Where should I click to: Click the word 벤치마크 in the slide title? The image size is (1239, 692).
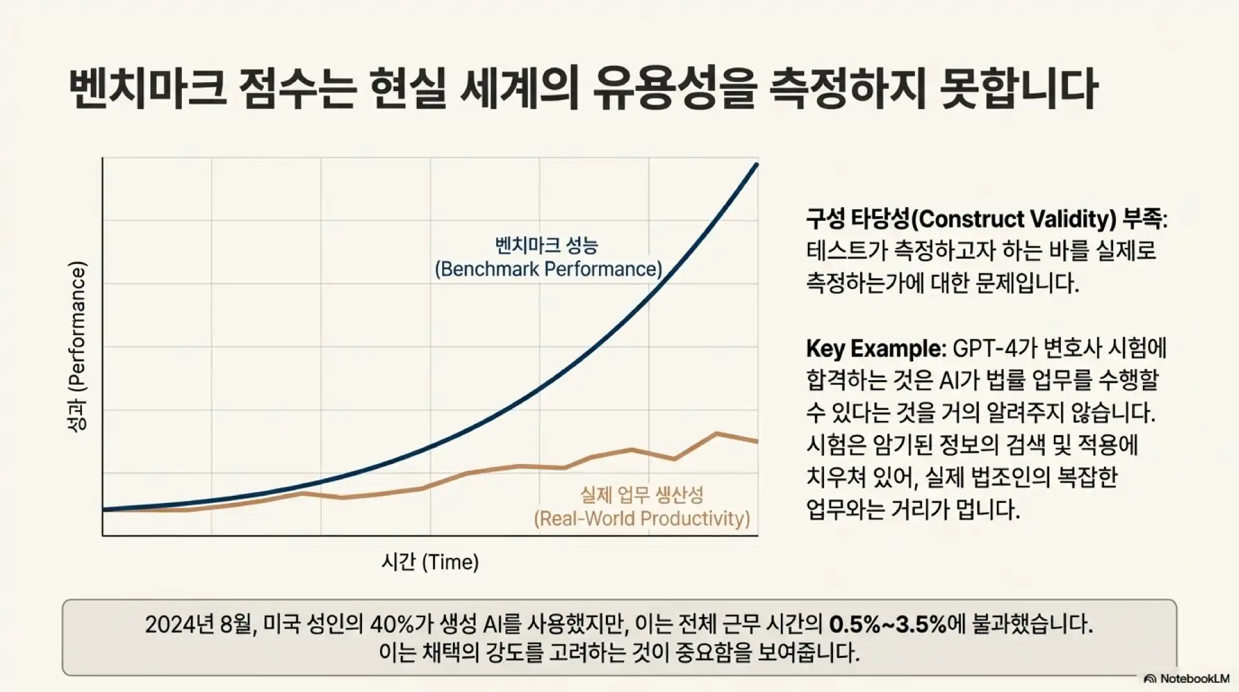[147, 90]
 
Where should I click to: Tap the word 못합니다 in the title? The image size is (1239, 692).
[1020, 90]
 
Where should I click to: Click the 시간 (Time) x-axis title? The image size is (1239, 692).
[430, 562]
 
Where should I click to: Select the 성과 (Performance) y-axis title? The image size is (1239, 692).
[77, 346]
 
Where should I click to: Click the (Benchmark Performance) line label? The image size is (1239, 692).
[549, 269]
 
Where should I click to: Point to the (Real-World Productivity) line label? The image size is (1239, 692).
[641, 518]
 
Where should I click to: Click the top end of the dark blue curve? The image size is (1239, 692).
[756, 165]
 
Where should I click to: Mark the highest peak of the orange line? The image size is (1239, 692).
[716, 433]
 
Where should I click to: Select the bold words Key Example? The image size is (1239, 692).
[874, 349]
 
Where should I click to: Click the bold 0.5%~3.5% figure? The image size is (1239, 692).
[887, 624]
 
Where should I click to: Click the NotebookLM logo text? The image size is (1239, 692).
[1194, 679]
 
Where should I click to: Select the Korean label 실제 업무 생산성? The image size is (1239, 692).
[641, 495]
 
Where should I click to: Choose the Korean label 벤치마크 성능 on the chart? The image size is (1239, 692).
[547, 245]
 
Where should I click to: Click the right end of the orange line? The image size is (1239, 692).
[756, 442]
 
